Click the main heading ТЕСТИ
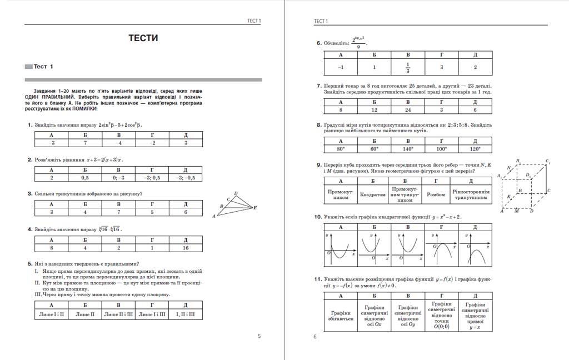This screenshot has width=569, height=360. [143, 38]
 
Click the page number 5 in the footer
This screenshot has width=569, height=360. [259, 336]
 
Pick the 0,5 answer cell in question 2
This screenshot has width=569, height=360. [85, 178]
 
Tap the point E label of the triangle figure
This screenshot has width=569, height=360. [255, 208]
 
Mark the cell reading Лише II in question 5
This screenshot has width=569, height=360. [85, 314]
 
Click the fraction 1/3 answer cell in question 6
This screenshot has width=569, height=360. [408, 67]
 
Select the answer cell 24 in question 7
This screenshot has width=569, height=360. [408, 109]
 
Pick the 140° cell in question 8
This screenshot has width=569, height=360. [408, 149]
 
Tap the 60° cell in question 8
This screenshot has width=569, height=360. [374, 149]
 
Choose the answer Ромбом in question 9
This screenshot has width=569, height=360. [436, 195]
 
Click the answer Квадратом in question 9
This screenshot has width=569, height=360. [373, 195]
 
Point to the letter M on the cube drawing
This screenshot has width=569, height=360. [516, 212]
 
